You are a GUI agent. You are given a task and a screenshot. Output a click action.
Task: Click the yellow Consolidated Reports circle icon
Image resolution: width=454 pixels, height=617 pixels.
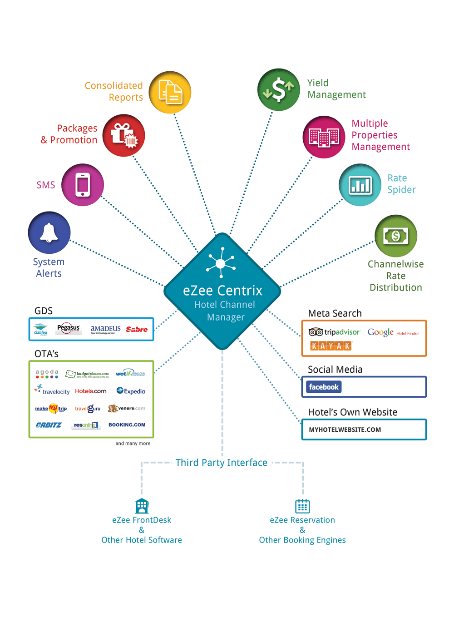pyautogui.click(x=170, y=92)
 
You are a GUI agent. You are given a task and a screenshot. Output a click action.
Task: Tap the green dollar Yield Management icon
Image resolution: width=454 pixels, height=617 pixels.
pyautogui.click(x=278, y=89)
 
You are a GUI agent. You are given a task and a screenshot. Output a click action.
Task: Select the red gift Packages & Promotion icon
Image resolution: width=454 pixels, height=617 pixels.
pyautogui.click(x=123, y=135)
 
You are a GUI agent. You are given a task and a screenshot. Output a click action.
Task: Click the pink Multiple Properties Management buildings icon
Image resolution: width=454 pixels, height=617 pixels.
pyautogui.click(x=324, y=137)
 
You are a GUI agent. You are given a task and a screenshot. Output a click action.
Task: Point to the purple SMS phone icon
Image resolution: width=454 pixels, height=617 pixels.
pyautogui.click(x=83, y=185)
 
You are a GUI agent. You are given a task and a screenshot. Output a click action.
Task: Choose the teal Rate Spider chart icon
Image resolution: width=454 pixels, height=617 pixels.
pyautogui.click(x=360, y=185)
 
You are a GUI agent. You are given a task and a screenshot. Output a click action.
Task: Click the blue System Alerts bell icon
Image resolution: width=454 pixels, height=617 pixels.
pyautogui.click(x=49, y=232)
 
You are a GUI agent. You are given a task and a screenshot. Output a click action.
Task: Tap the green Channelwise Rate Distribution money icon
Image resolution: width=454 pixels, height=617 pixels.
pyautogui.click(x=395, y=236)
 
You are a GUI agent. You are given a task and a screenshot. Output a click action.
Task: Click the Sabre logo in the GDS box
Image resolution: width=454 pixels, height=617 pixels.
pyautogui.click(x=137, y=329)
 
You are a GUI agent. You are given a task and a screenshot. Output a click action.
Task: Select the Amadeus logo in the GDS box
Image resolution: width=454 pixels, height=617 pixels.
pyautogui.click(x=105, y=329)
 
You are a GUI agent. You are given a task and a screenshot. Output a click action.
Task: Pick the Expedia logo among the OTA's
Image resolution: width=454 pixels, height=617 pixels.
pyautogui.click(x=131, y=391)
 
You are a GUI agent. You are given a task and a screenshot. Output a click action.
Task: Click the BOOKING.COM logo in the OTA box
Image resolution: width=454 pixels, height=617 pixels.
pyautogui.click(x=127, y=425)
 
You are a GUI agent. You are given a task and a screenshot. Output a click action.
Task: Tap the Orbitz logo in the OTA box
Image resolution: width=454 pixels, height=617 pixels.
pyautogui.click(x=49, y=425)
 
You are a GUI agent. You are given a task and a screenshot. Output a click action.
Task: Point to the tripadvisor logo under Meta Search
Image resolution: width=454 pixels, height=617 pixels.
pyautogui.click(x=334, y=332)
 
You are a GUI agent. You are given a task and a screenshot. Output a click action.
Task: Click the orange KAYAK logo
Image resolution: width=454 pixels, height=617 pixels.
pyautogui.click(x=331, y=346)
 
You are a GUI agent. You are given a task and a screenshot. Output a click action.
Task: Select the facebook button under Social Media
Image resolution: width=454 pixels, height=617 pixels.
pyautogui.click(x=324, y=387)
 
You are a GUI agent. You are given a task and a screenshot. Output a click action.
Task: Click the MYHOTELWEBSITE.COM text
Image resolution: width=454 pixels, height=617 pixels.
pyautogui.click(x=345, y=429)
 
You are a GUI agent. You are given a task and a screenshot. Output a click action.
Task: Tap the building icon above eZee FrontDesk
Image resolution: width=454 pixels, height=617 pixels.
pyautogui.click(x=142, y=506)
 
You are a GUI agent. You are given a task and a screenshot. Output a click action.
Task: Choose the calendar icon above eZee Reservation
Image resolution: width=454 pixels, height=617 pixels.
pyautogui.click(x=302, y=506)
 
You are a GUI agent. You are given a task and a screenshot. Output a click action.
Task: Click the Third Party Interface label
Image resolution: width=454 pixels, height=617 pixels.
pyautogui.click(x=222, y=463)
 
